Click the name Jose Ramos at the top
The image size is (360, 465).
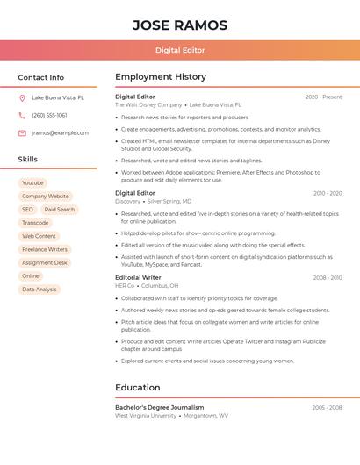[180, 25]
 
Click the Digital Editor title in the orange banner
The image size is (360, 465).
[180, 50]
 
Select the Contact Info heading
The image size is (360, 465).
[41, 77]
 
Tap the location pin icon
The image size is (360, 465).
[22, 98]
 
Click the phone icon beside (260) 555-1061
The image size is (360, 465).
[22, 116]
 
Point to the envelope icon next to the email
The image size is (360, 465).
[22, 133]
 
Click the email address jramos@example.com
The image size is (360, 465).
[60, 133]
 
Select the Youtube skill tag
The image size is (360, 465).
[32, 183]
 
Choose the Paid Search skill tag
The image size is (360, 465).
[60, 210]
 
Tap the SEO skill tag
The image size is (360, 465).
[27, 210]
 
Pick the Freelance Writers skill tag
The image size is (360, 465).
[45, 249]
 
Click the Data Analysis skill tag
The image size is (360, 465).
[40, 289]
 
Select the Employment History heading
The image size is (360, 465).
[161, 77]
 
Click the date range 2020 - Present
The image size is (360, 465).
[323, 97]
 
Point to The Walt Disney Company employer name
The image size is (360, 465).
[148, 104]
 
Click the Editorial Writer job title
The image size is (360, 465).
[138, 277]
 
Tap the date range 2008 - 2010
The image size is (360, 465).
[327, 277]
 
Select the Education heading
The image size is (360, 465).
[138, 387]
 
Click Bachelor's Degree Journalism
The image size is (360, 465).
[159, 407]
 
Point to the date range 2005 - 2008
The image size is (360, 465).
[327, 407]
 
